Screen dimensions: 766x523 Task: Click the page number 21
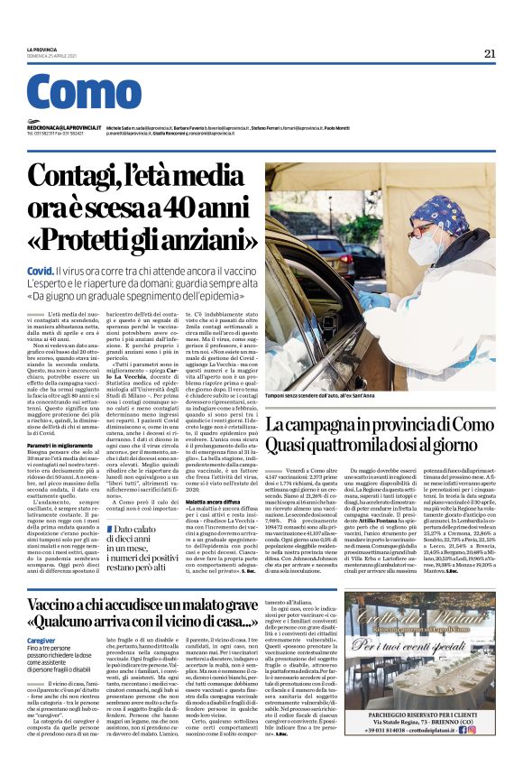490,53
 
